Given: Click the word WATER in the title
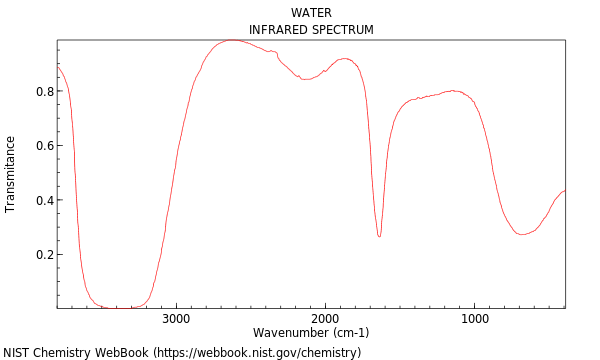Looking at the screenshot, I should pyautogui.click(x=311, y=13).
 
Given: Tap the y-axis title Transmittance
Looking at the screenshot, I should pyautogui.click(x=11, y=174).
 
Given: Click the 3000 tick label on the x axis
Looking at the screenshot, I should pyautogui.click(x=176, y=319).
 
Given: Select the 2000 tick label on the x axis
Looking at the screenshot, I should pyautogui.click(x=325, y=319).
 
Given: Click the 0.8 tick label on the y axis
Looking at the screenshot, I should pyautogui.click(x=45, y=91).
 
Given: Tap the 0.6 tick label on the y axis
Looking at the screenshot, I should pyautogui.click(x=45, y=146).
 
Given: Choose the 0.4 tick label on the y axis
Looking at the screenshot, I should pyautogui.click(x=45, y=200).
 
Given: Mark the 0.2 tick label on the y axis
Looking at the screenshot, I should pyautogui.click(x=45, y=255).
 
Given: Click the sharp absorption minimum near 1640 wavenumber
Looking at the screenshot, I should pyautogui.click(x=379, y=236).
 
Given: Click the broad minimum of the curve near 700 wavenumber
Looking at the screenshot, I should pyautogui.click(x=522, y=234).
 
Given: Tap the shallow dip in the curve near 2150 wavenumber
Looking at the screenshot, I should pyautogui.click(x=304, y=79).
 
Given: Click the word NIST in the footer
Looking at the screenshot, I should pyautogui.click(x=17, y=353).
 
